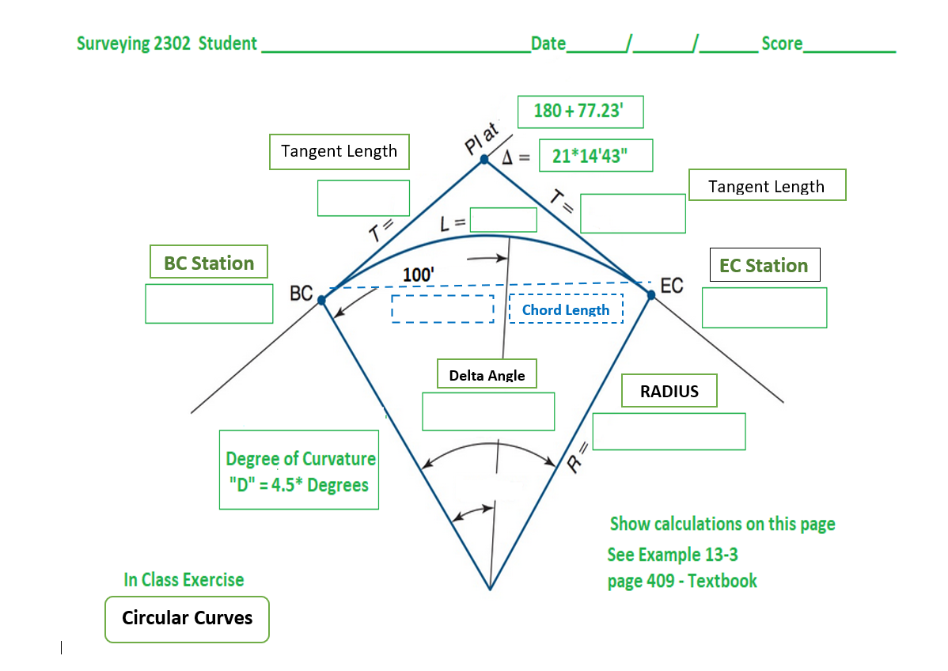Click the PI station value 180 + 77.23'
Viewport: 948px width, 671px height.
580,112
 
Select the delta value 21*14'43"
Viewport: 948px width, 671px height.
595,156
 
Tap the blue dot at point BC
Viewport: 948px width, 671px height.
321,300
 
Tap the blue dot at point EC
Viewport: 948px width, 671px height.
651,294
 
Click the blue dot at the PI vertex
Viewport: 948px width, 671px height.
484,159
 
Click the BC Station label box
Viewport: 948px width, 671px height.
209,262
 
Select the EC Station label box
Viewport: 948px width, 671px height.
764,265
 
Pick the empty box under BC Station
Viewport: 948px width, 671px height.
209,304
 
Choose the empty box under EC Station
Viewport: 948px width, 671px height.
764,308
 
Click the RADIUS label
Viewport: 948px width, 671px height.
669,391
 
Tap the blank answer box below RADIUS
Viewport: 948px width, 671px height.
669,431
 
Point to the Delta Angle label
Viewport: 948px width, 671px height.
487,374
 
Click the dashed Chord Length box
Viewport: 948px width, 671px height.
565,309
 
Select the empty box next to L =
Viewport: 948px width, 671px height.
503,220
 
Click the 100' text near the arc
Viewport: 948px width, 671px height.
419,275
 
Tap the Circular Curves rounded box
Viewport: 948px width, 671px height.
187,618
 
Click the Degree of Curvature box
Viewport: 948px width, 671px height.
299,470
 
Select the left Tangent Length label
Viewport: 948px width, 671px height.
339,151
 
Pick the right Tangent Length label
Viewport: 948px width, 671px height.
766,185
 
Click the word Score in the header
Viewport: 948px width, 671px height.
782,44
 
